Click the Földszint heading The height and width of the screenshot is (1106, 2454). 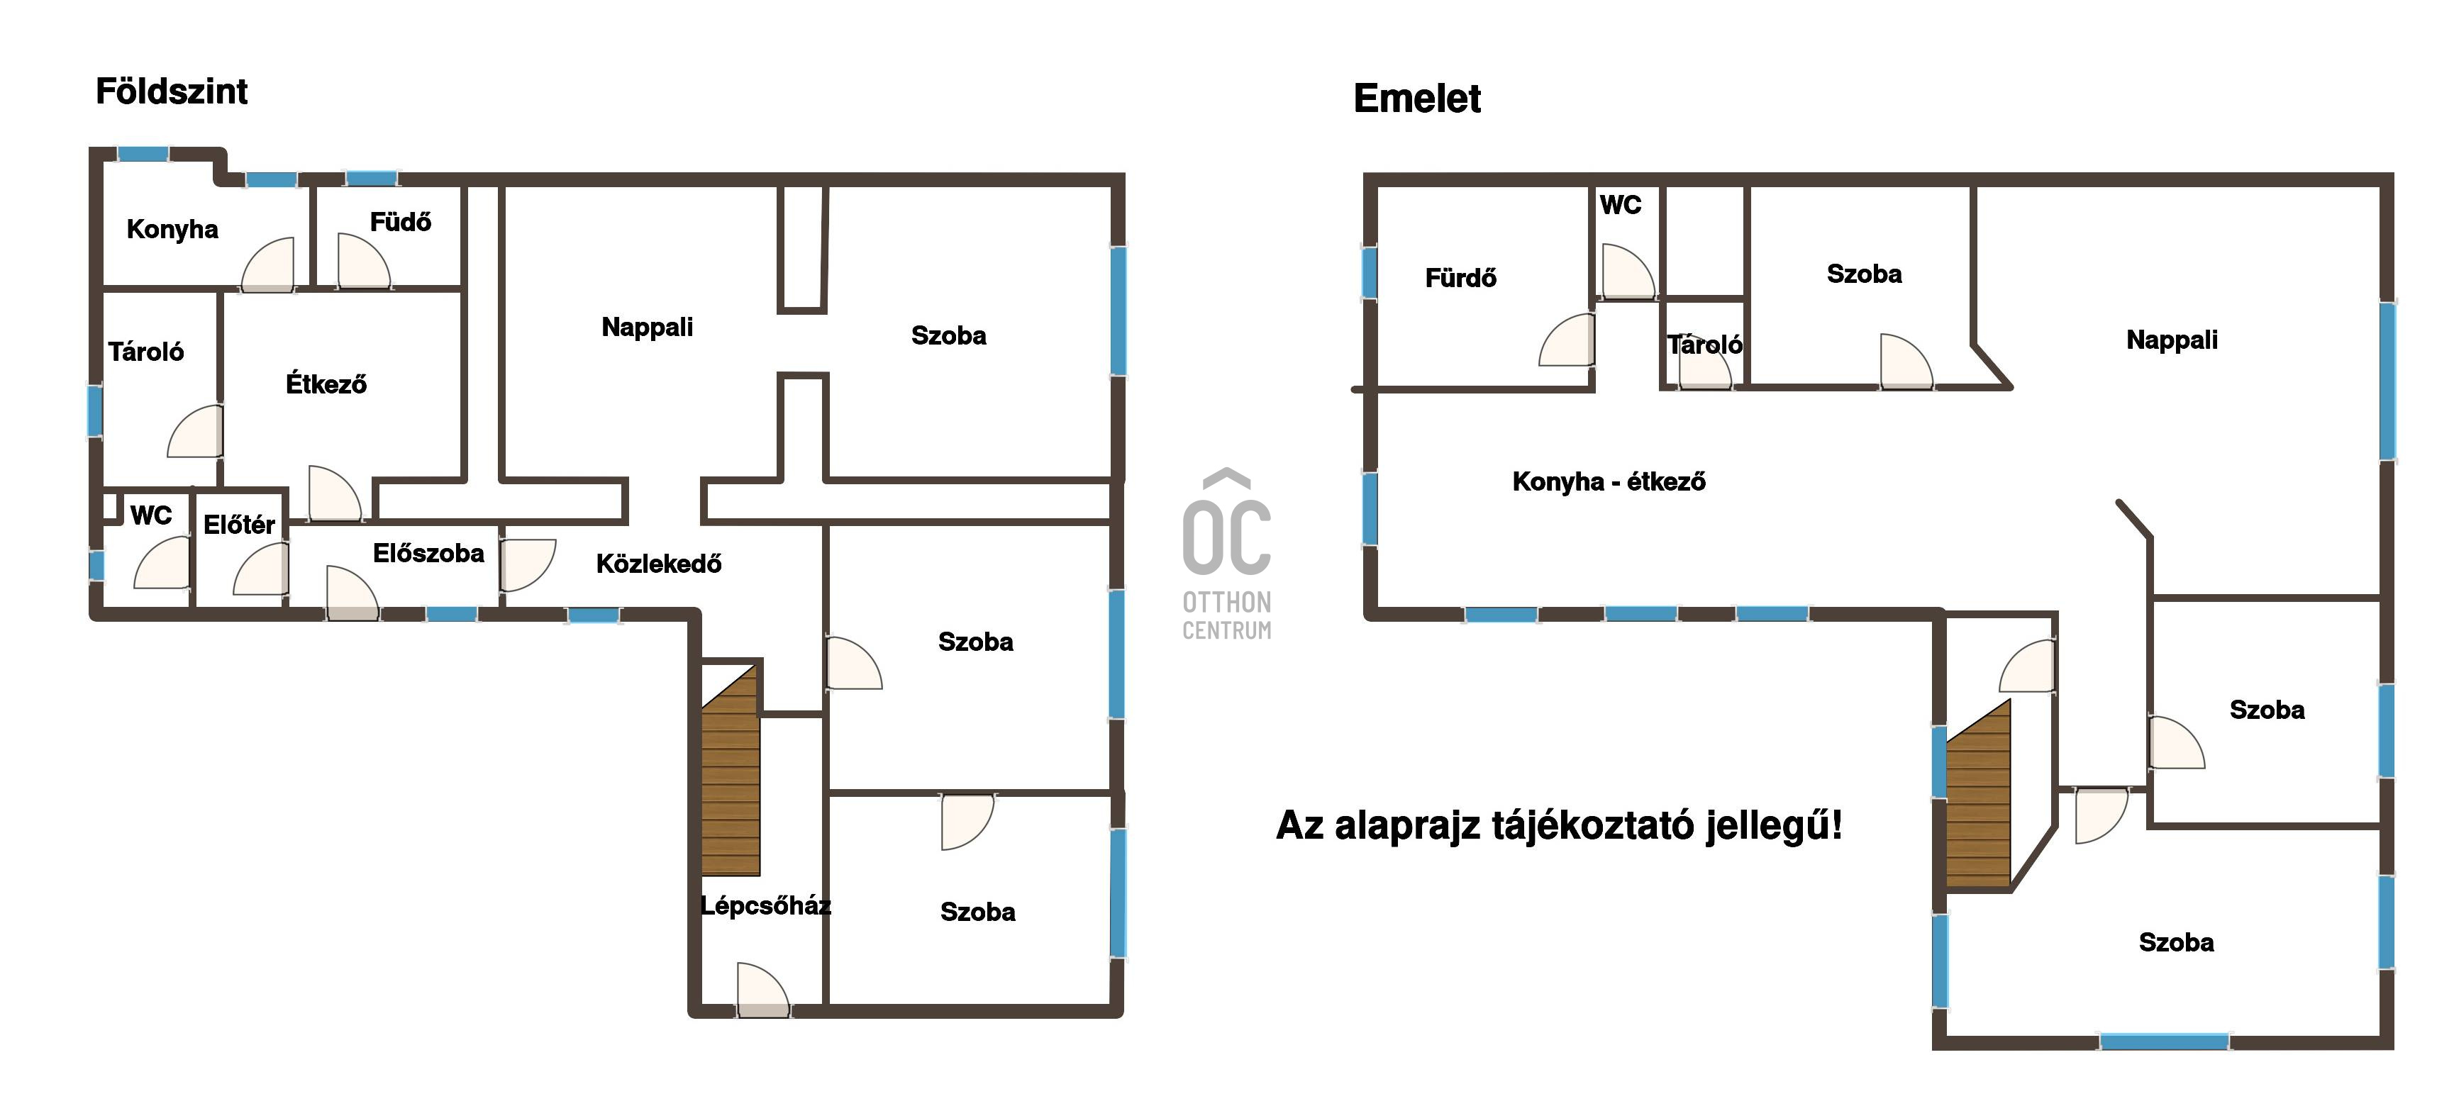(x=172, y=91)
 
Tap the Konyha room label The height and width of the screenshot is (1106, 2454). (x=172, y=230)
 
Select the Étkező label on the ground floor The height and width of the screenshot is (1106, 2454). (x=326, y=384)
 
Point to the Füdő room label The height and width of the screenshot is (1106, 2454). (x=400, y=222)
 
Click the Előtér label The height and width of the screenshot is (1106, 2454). (x=239, y=524)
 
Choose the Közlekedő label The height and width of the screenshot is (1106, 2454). (x=658, y=564)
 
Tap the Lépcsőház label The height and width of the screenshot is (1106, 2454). (x=766, y=905)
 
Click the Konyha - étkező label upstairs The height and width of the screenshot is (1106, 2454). (x=1609, y=481)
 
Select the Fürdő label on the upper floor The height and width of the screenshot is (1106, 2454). (x=1460, y=278)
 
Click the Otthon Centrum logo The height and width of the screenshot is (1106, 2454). (x=1227, y=554)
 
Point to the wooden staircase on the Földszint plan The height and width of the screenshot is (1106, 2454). (x=731, y=770)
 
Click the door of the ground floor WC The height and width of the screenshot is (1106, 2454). (x=162, y=563)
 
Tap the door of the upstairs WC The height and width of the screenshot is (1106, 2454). (x=1628, y=272)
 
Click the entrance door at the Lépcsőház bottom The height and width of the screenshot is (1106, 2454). (x=763, y=990)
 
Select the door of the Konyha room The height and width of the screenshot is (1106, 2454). (x=267, y=265)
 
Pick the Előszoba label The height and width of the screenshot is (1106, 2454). (x=428, y=554)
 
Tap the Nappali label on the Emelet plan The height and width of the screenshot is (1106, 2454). (x=2172, y=340)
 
